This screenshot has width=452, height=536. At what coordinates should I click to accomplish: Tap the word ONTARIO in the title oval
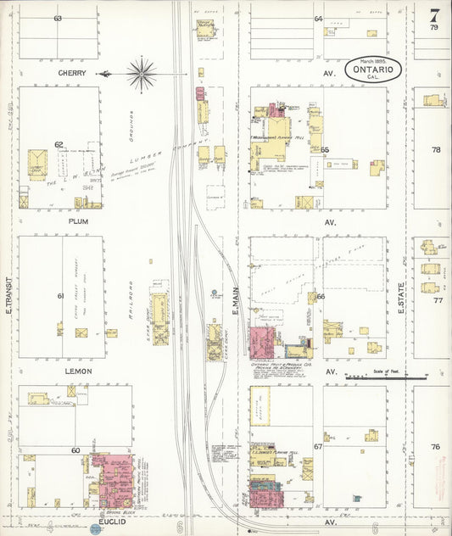(x=373, y=70)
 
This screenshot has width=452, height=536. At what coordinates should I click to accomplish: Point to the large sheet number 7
(x=434, y=14)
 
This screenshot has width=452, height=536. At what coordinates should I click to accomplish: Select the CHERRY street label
(x=72, y=73)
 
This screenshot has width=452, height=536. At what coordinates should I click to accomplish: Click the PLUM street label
(x=78, y=222)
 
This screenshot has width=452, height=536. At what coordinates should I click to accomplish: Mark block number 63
(x=58, y=18)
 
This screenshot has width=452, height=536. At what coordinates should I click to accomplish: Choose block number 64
(x=319, y=18)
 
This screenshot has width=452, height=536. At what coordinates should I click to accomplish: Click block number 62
(x=59, y=144)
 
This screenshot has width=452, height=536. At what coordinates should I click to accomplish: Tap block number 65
(x=324, y=149)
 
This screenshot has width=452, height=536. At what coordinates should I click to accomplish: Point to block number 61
(x=60, y=296)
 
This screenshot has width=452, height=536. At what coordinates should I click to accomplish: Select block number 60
(x=75, y=450)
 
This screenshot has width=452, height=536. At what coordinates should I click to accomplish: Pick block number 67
(x=318, y=446)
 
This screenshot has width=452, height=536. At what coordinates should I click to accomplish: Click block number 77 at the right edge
(x=437, y=300)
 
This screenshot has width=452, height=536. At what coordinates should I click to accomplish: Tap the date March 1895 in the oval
(x=372, y=60)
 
